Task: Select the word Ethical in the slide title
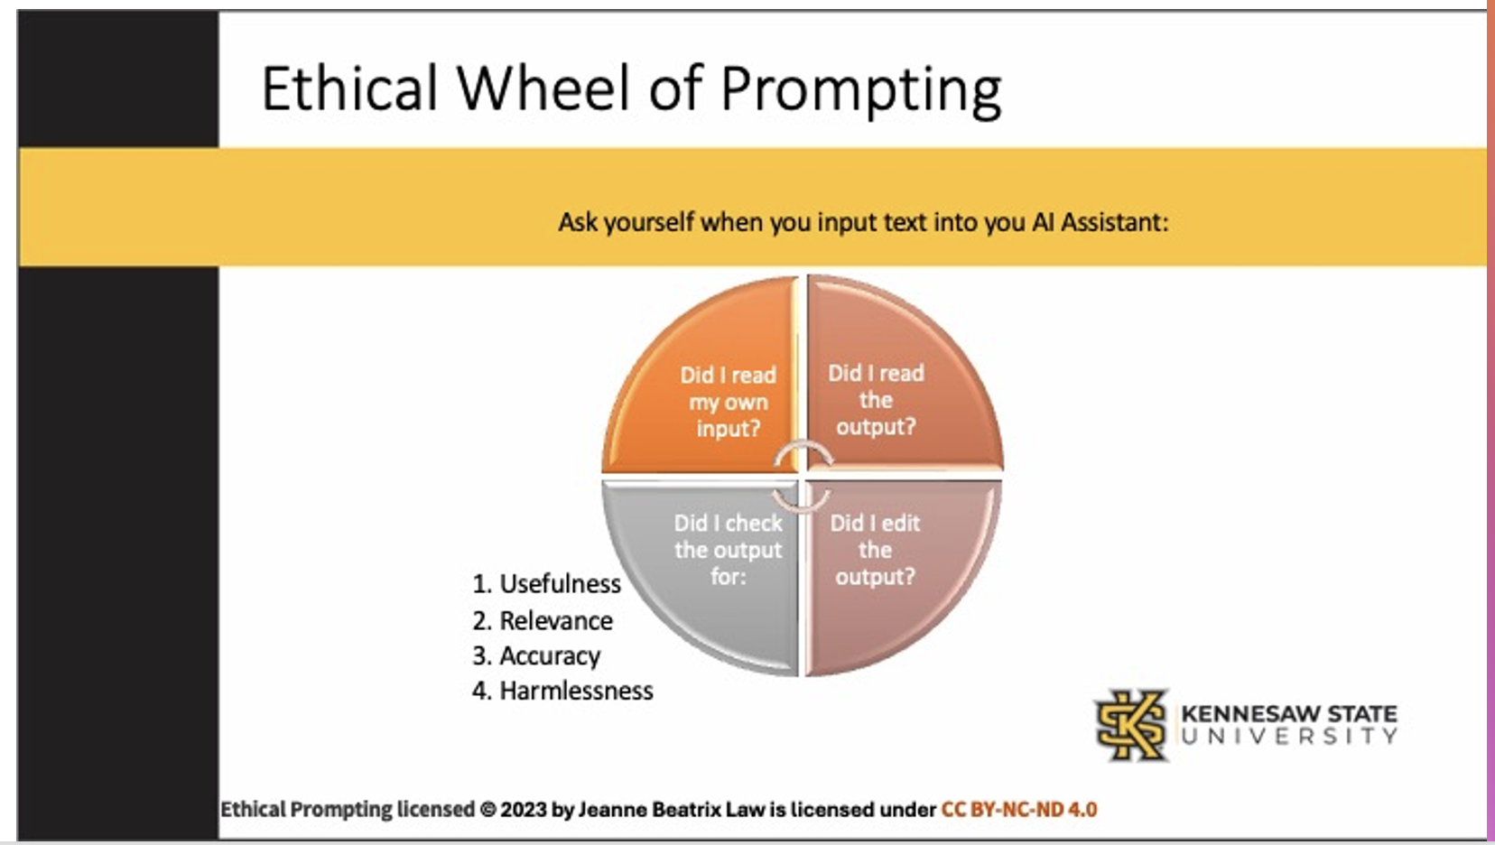click(350, 88)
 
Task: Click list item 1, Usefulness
click(546, 584)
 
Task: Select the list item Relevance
click(543, 621)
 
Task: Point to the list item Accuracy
click(536, 656)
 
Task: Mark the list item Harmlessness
click(562, 691)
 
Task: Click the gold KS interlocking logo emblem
click(1131, 726)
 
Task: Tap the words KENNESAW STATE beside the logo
click(1289, 713)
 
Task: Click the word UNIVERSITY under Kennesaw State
click(1289, 736)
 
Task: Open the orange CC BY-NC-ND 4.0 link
click(1019, 810)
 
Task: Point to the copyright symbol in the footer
click(487, 810)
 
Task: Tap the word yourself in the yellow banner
click(649, 223)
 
